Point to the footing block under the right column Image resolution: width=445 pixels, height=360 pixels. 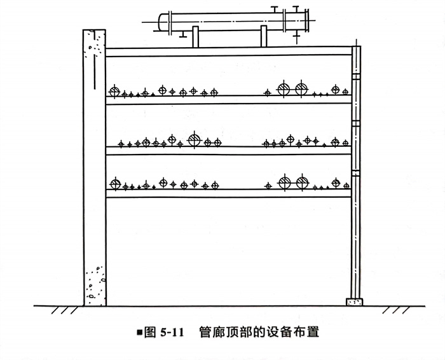(353, 301)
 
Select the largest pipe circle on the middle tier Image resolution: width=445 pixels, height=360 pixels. (194, 139)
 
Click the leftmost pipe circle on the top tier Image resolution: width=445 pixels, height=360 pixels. (114, 91)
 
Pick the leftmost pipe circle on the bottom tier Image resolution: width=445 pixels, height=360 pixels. (115, 184)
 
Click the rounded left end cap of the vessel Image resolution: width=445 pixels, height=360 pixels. (163, 22)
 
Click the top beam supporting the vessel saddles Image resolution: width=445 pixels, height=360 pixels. (229, 52)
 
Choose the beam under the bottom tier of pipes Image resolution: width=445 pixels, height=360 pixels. (229, 193)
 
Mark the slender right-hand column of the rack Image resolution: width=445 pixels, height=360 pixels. (355, 191)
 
